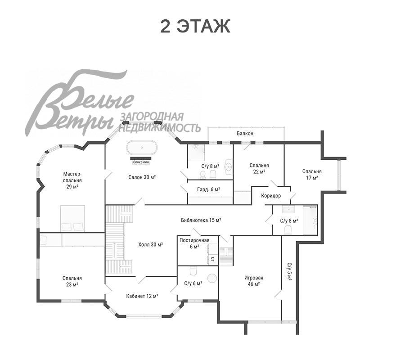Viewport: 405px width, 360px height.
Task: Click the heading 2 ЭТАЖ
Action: tap(195, 26)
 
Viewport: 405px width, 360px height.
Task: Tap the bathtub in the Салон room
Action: tap(142, 148)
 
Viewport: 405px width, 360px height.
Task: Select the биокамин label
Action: tap(141, 162)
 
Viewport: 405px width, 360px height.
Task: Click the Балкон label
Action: tap(245, 134)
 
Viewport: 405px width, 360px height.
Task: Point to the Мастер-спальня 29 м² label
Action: tap(72, 180)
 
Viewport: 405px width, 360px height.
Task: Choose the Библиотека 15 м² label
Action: tap(201, 220)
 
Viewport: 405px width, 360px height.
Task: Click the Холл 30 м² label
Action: tap(150, 244)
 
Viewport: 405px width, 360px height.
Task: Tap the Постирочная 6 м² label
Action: tap(194, 243)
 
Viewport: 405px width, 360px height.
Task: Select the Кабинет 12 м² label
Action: tap(142, 296)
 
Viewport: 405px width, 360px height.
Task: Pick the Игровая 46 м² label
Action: tap(254, 281)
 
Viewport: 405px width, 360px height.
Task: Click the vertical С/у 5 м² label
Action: tap(289, 272)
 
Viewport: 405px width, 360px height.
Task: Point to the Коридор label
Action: tap(271, 196)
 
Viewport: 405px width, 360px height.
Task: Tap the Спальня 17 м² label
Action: tap(312, 175)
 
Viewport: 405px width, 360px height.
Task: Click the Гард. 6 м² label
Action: tap(208, 189)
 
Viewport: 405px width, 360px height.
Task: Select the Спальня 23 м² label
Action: tap(72, 281)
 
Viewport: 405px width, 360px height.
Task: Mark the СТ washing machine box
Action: tap(212, 259)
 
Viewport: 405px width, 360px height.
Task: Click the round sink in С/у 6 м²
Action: tap(212, 278)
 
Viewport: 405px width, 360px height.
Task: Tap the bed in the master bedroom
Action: tap(72, 219)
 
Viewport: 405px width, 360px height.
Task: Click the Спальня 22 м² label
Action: tap(259, 168)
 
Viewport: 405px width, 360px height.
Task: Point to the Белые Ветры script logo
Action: tap(80, 102)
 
